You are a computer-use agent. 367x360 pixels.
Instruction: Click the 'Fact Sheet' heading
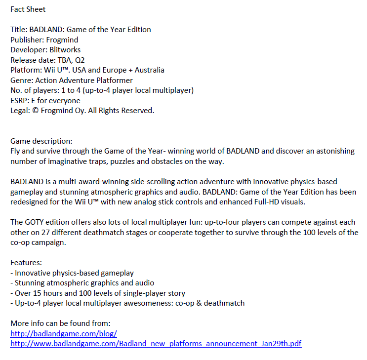[x=28, y=9]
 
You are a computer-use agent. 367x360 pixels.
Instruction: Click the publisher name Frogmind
[x=62, y=40]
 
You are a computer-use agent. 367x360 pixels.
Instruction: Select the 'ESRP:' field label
[x=20, y=101]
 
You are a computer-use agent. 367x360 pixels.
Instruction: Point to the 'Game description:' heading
[x=41, y=141]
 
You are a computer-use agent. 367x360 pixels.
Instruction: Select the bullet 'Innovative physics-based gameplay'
[x=74, y=273]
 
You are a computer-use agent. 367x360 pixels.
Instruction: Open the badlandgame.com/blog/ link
[x=63, y=333]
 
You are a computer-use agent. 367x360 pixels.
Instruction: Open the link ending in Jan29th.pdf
[x=156, y=343]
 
